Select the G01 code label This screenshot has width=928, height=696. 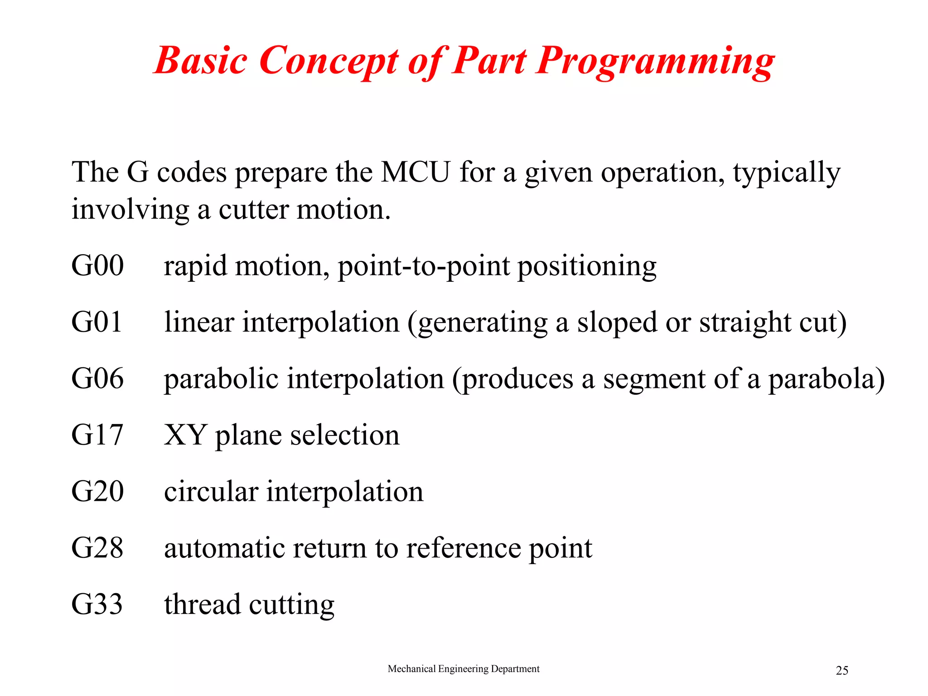[x=97, y=322]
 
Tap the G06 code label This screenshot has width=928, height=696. [x=97, y=378]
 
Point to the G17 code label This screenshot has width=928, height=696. [x=97, y=435]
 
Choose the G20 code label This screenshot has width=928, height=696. [x=97, y=491]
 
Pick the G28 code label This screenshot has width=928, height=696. [x=97, y=547]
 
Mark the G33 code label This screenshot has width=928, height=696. [x=97, y=604]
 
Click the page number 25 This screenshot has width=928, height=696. [x=842, y=671]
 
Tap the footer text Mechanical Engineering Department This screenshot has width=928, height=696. [x=464, y=669]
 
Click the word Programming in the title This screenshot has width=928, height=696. [x=655, y=61]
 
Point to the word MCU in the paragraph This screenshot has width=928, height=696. [x=416, y=172]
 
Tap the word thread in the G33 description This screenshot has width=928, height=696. [x=202, y=604]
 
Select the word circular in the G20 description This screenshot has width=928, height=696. [x=211, y=491]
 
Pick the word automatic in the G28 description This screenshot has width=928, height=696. [x=224, y=548]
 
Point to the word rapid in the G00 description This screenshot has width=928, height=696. [x=195, y=266]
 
